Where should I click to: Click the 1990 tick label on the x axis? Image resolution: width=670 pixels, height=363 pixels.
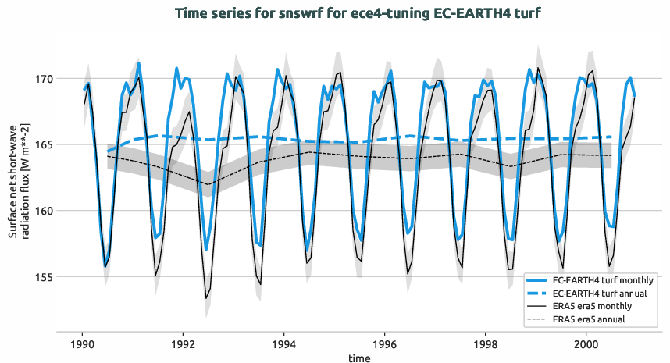82,343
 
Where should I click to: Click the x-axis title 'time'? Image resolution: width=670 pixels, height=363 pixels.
360,358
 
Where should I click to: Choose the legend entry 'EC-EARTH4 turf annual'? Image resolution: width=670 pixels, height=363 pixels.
601,293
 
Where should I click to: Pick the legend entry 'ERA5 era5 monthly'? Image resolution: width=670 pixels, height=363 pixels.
593,306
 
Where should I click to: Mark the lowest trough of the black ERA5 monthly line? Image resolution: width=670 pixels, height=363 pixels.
206,298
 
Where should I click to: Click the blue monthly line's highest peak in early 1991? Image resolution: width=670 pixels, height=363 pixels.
139,62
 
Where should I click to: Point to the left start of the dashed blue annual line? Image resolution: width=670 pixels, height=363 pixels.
108,151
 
